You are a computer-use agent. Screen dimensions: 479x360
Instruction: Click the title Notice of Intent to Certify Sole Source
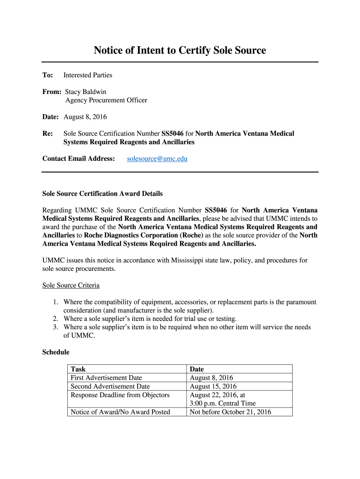pyautogui.click(x=180, y=51)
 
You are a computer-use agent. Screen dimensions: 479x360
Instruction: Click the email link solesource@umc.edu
pyautogui.click(x=157, y=159)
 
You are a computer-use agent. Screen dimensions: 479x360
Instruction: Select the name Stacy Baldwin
pyautogui.click(x=88, y=92)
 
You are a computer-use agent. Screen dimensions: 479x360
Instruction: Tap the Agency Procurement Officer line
pyautogui.click(x=106, y=100)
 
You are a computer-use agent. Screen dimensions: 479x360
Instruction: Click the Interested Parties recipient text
pyautogui.click(x=88, y=75)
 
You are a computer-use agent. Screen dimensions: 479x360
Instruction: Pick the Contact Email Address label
pyautogui.click(x=79, y=159)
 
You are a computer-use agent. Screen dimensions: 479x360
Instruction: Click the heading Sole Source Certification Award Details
pyautogui.click(x=102, y=193)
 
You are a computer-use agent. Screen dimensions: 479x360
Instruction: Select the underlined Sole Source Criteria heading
pyautogui.click(x=71, y=285)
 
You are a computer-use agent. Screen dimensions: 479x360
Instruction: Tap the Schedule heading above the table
pyautogui.click(x=56, y=352)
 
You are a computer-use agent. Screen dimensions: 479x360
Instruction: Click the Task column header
pyautogui.click(x=78, y=369)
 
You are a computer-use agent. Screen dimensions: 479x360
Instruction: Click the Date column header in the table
pyautogui.click(x=196, y=369)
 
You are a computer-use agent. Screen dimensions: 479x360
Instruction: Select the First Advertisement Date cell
pyautogui.click(x=106, y=377)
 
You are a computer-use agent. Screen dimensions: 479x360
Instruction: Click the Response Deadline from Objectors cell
pyautogui.click(x=120, y=395)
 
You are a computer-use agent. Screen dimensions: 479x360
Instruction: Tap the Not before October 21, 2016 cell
pyautogui.click(x=230, y=412)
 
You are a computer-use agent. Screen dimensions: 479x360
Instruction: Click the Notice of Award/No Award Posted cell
pyautogui.click(x=120, y=412)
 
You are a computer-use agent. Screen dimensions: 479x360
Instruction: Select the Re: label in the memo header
pyautogui.click(x=48, y=133)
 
